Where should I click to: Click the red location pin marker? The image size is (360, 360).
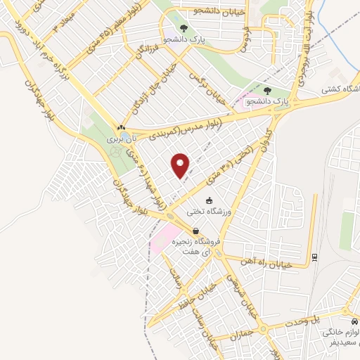click(x=181, y=166)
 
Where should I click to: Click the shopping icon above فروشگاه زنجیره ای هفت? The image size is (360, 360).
click(x=195, y=231)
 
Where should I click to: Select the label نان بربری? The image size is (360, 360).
click(x=120, y=140)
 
